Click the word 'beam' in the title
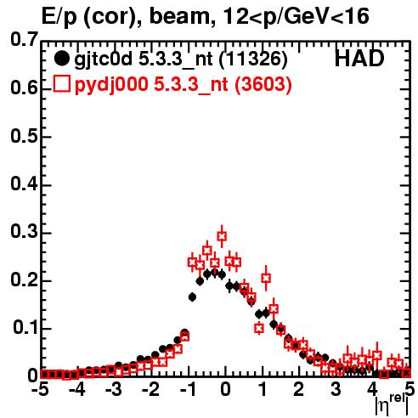(178, 16)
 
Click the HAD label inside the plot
(359, 59)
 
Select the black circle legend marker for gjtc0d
(61, 59)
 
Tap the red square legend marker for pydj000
(61, 84)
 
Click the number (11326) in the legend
(253, 59)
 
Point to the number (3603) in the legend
(263, 84)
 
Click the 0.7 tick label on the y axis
(24, 39)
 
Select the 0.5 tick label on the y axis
(24, 137)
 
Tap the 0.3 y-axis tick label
(24, 232)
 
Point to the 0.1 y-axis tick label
(25, 328)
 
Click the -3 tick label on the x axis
(113, 390)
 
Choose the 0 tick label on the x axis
(225, 390)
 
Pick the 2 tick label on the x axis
(299, 390)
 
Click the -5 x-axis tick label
(40, 390)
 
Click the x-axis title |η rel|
(392, 404)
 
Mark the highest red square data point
(222, 235)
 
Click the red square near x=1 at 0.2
(266, 279)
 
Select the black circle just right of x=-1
(192, 297)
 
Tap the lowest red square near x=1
(259, 328)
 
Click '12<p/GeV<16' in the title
(295, 17)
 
